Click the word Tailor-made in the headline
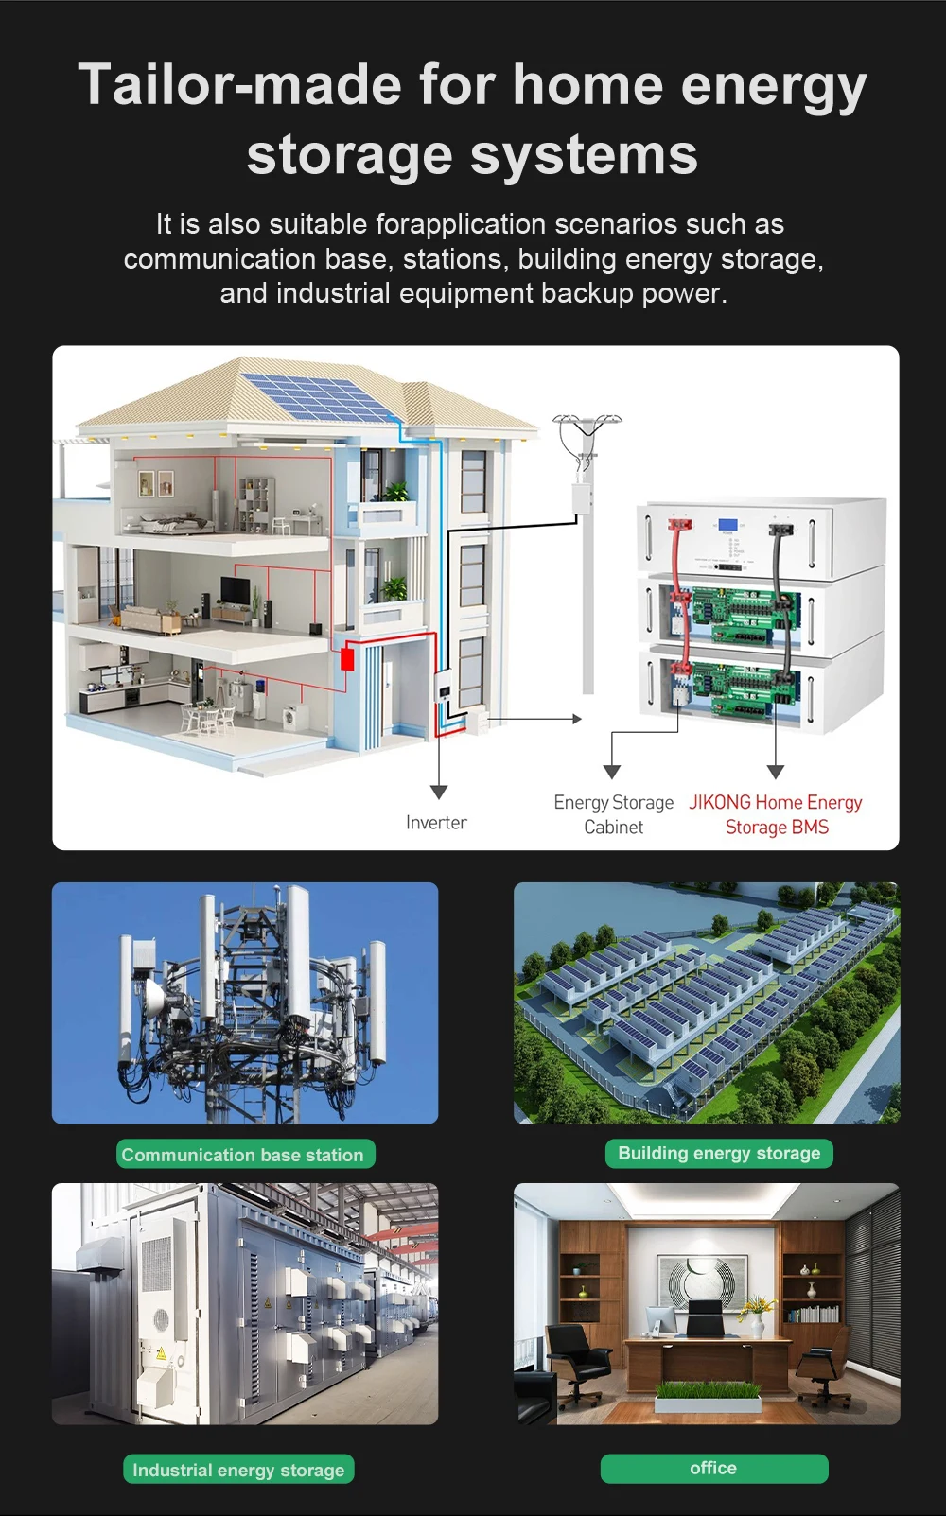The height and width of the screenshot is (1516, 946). point(240,84)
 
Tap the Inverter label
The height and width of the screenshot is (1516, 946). point(436,822)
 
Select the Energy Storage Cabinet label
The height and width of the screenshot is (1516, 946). point(614,814)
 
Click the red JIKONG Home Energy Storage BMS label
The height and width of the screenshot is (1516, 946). point(776,814)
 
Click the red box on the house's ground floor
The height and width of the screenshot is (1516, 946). point(347,658)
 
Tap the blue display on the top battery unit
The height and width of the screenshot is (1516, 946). point(728,525)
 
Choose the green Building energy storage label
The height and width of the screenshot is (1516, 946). point(719,1153)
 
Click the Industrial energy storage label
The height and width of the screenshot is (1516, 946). point(238,1470)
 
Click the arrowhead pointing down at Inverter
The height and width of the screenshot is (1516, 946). point(439,792)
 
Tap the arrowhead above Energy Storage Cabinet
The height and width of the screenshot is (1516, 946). point(612,772)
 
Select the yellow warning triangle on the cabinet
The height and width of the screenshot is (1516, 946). point(161,1354)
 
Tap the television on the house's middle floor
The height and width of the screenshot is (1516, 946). point(235,589)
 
